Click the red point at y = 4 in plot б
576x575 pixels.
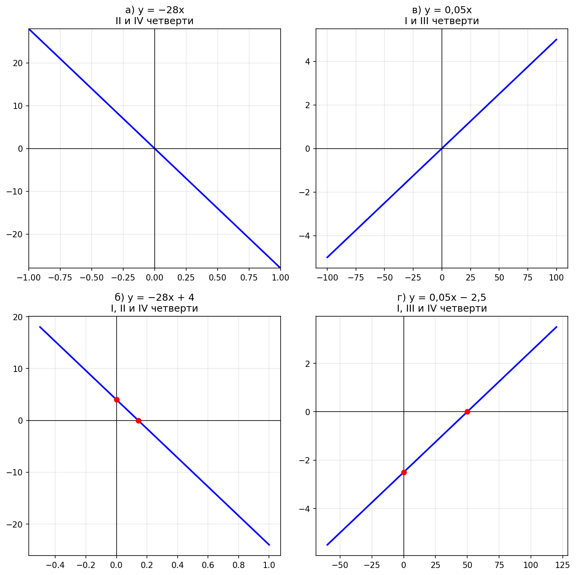[117, 400]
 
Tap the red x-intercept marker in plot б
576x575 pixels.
[138, 421]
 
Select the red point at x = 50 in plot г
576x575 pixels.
[467, 412]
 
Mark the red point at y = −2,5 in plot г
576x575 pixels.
[404, 472]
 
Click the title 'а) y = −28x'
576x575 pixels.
[155, 11]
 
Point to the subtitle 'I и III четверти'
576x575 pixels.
[442, 21]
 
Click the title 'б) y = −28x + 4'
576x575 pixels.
[155, 298]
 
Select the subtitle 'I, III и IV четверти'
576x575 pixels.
[442, 309]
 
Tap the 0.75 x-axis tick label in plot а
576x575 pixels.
[249, 277]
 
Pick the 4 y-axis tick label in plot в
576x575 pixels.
[307, 61]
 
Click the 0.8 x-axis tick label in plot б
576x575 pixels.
[238, 565]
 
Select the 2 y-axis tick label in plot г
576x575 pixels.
[307, 363]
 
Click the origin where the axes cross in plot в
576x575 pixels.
[442, 149]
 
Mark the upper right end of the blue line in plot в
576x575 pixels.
[557, 39]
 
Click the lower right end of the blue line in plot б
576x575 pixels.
[269, 545]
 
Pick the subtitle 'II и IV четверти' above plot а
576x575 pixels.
[155, 21]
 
